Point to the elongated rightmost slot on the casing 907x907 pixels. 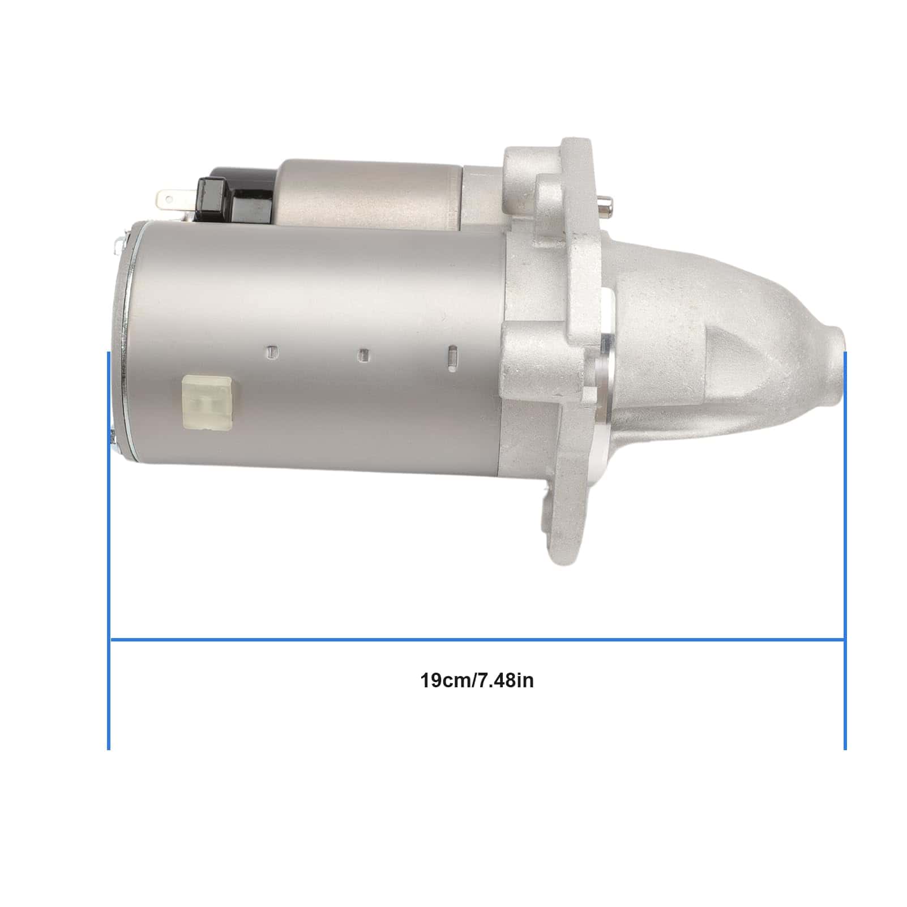point(452,359)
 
